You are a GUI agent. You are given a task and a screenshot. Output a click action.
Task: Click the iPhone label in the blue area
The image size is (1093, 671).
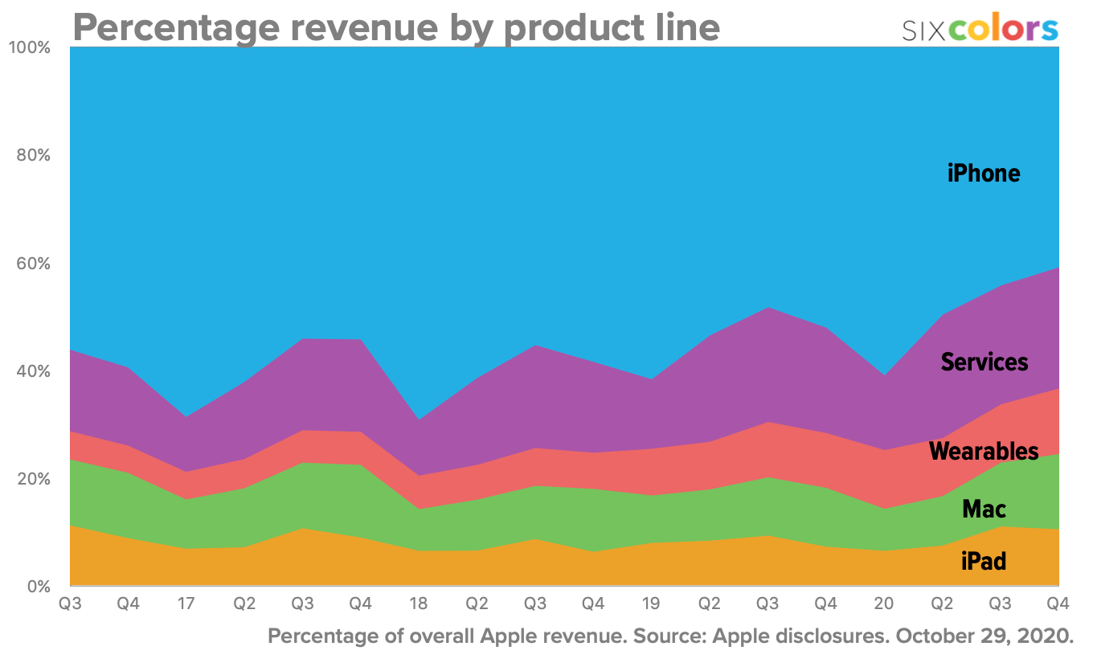(984, 173)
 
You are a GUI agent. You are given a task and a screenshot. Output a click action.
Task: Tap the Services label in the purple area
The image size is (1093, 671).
(984, 362)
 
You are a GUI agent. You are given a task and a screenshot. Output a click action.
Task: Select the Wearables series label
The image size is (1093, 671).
(984, 452)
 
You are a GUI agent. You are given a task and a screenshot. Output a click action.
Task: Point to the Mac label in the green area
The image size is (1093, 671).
(984, 509)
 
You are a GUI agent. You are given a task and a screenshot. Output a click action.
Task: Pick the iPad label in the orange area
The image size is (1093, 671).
(984, 561)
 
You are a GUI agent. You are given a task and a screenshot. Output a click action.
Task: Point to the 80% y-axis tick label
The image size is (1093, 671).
(34, 155)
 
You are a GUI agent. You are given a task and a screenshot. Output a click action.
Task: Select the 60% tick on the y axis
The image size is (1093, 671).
(34, 264)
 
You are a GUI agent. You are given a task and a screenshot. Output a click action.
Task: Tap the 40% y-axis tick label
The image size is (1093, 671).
(34, 371)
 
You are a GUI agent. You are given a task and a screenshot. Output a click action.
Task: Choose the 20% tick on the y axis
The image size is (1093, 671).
(34, 479)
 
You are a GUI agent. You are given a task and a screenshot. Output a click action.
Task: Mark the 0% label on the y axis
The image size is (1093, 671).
(38, 587)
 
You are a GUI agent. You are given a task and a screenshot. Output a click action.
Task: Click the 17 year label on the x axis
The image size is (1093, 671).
(186, 603)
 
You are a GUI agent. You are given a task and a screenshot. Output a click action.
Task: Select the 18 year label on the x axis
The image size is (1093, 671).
(419, 603)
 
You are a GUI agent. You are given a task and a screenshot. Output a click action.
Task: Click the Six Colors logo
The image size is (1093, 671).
(980, 29)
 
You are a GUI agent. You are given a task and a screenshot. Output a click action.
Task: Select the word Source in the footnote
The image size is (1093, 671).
(673, 636)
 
